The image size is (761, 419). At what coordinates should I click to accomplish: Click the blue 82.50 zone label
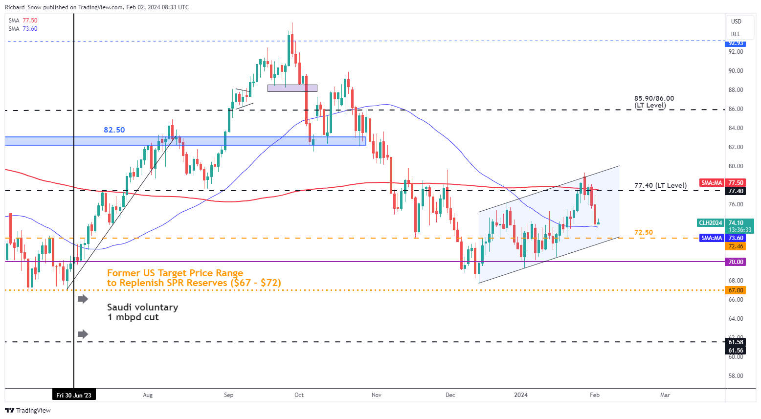(x=114, y=130)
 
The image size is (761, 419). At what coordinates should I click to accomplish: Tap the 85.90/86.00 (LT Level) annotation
(x=654, y=102)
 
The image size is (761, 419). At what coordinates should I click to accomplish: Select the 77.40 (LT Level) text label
(x=660, y=185)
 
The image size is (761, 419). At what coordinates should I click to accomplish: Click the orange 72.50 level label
(x=643, y=232)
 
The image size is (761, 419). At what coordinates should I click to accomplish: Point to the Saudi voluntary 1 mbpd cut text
(x=142, y=312)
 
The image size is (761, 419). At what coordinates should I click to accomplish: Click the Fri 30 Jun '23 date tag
(x=74, y=395)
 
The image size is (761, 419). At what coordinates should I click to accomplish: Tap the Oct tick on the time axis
(x=299, y=395)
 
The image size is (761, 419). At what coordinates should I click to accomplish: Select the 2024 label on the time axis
(x=521, y=395)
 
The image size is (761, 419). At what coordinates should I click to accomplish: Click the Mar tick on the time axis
(x=665, y=395)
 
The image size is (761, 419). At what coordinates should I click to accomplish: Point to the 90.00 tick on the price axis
(x=736, y=71)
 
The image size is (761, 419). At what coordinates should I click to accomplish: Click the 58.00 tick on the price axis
(x=736, y=376)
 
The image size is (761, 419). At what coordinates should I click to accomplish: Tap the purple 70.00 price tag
(x=736, y=262)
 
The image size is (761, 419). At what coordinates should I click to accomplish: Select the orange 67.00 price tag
(x=736, y=290)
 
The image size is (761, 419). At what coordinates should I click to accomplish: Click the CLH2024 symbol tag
(x=710, y=223)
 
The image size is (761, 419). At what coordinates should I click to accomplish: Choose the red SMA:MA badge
(x=712, y=183)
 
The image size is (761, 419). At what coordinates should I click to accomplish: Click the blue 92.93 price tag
(x=736, y=44)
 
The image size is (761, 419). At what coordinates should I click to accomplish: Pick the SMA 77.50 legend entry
(x=23, y=21)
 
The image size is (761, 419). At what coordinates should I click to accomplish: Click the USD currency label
(x=736, y=22)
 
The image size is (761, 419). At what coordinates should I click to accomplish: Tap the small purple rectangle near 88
(x=292, y=88)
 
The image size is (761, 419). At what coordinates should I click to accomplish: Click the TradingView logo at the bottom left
(x=29, y=410)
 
